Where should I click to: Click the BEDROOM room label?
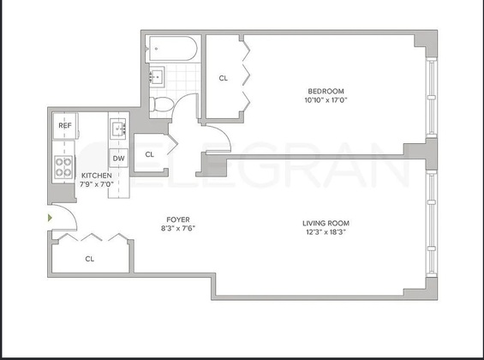click(326, 91)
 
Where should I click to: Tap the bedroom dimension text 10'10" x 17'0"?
click(326, 100)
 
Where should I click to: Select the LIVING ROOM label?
click(326, 223)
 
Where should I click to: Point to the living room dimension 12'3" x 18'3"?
click(326, 232)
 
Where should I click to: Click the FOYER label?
click(178, 219)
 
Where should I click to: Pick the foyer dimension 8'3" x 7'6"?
click(178, 229)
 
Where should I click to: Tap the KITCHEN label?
click(97, 176)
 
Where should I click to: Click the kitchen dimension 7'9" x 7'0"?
click(97, 184)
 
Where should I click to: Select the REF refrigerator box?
click(65, 126)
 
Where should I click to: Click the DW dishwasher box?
click(118, 158)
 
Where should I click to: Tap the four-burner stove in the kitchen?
click(63, 167)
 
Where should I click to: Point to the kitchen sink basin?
click(118, 129)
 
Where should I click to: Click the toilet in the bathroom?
click(161, 104)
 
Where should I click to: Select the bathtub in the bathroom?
click(172, 49)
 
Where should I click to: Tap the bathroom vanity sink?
click(157, 75)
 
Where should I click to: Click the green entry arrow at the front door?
click(50, 218)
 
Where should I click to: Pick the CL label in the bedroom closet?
click(224, 78)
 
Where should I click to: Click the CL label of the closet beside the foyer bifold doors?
click(90, 259)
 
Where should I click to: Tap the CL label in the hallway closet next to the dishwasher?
click(150, 154)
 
